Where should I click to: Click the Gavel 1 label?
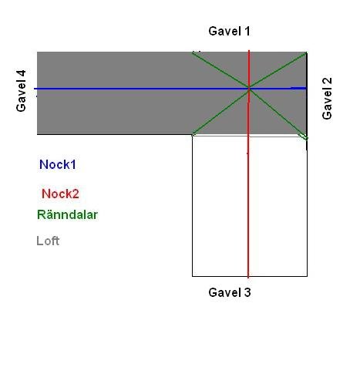pos(229,31)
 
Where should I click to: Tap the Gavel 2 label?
pos(327,99)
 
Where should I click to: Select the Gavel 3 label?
pos(230,292)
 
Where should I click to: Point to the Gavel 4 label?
pos(21,91)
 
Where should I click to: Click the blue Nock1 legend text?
pos(58,164)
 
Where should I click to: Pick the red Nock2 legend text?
pos(60,194)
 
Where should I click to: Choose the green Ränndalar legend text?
pos(67,214)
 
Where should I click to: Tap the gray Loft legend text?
pos(48,241)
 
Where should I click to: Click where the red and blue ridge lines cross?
pos(249,89)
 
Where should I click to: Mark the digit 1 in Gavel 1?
pos(247,31)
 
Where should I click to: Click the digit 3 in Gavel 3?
pos(247,292)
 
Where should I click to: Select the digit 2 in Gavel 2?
pos(327,81)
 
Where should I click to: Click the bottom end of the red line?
pos(248,278)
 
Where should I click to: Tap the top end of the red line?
pos(249,50)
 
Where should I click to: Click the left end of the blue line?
pos(35,89)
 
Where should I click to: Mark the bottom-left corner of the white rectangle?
pos(192,276)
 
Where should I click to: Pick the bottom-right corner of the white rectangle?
pos(307,276)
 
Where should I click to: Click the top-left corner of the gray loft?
pos(37,52)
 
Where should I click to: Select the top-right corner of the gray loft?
pos(307,52)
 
